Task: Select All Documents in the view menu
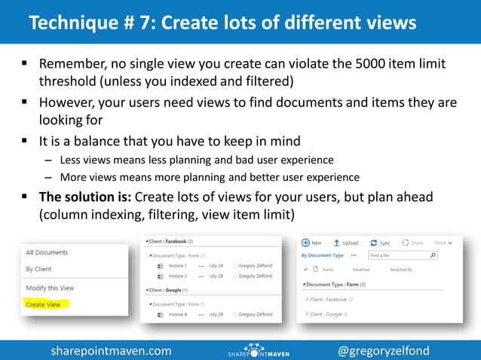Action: pyautogui.click(x=47, y=252)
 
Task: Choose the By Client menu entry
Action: pyautogui.click(x=38, y=269)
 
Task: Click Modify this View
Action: pyautogui.click(x=51, y=288)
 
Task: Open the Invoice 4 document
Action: pyautogui.click(x=177, y=314)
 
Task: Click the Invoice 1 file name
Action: pyautogui.click(x=177, y=266)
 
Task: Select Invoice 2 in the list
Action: pyautogui.click(x=177, y=276)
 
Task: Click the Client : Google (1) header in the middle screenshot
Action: pyautogui.click(x=167, y=288)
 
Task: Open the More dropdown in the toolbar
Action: pyautogui.click(x=443, y=243)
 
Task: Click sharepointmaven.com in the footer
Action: pyautogui.click(x=111, y=351)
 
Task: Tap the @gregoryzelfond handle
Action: pyautogui.click(x=384, y=351)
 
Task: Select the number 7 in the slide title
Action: pyautogui.click(x=136, y=23)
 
